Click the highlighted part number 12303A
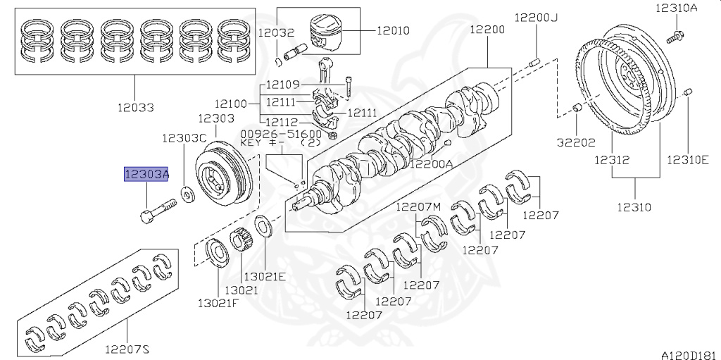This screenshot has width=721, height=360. tap(146, 175)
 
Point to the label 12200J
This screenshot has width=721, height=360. tap(536, 18)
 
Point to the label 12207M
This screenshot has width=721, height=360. tap(418, 206)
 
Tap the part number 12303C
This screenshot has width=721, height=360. tap(184, 138)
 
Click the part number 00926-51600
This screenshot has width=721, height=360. tap(281, 133)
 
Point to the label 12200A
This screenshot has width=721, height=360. tap(432, 163)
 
